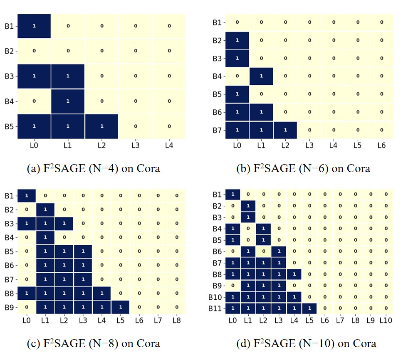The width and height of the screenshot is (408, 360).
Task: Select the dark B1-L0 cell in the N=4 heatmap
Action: click(34, 26)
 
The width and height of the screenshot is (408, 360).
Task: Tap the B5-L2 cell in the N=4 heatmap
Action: click(101, 126)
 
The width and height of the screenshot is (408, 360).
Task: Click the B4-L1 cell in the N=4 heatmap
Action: click(68, 101)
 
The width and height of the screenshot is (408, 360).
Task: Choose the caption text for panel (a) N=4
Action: click(93, 168)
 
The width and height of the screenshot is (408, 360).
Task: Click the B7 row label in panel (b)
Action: click(217, 130)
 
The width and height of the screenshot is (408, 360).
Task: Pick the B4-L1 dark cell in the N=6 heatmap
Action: click(261, 76)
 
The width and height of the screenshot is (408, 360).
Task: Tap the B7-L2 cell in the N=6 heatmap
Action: click(285, 130)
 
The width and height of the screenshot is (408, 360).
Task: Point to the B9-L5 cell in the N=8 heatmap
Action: click(120, 307)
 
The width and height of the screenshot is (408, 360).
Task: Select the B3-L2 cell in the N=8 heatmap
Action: click(64, 223)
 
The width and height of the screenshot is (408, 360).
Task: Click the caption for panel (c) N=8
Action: click(93, 343)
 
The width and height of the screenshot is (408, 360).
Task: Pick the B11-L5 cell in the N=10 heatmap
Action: click(309, 308)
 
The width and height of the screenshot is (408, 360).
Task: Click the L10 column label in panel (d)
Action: click(385, 320)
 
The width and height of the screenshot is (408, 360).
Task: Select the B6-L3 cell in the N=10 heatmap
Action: click(279, 251)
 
